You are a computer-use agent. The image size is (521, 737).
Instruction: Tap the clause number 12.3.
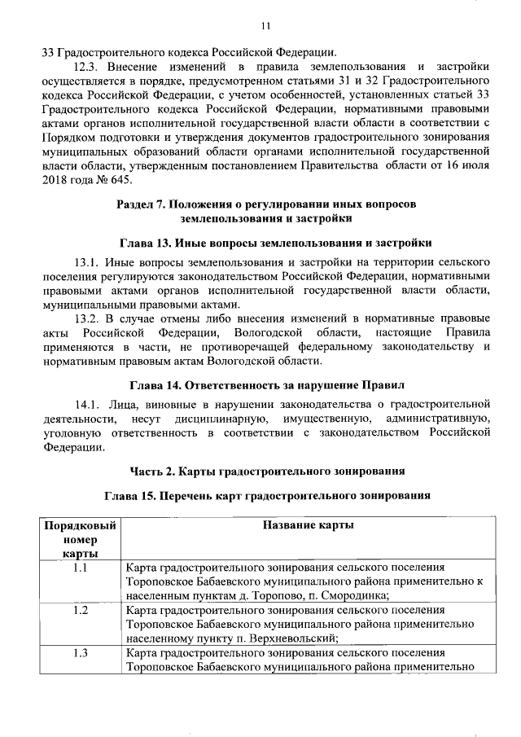88,66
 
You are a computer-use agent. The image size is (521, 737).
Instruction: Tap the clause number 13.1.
88,263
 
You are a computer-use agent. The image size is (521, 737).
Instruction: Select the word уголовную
74,432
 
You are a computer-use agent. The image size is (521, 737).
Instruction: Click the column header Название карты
308,525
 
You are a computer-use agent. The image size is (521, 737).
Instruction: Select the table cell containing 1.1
80,568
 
